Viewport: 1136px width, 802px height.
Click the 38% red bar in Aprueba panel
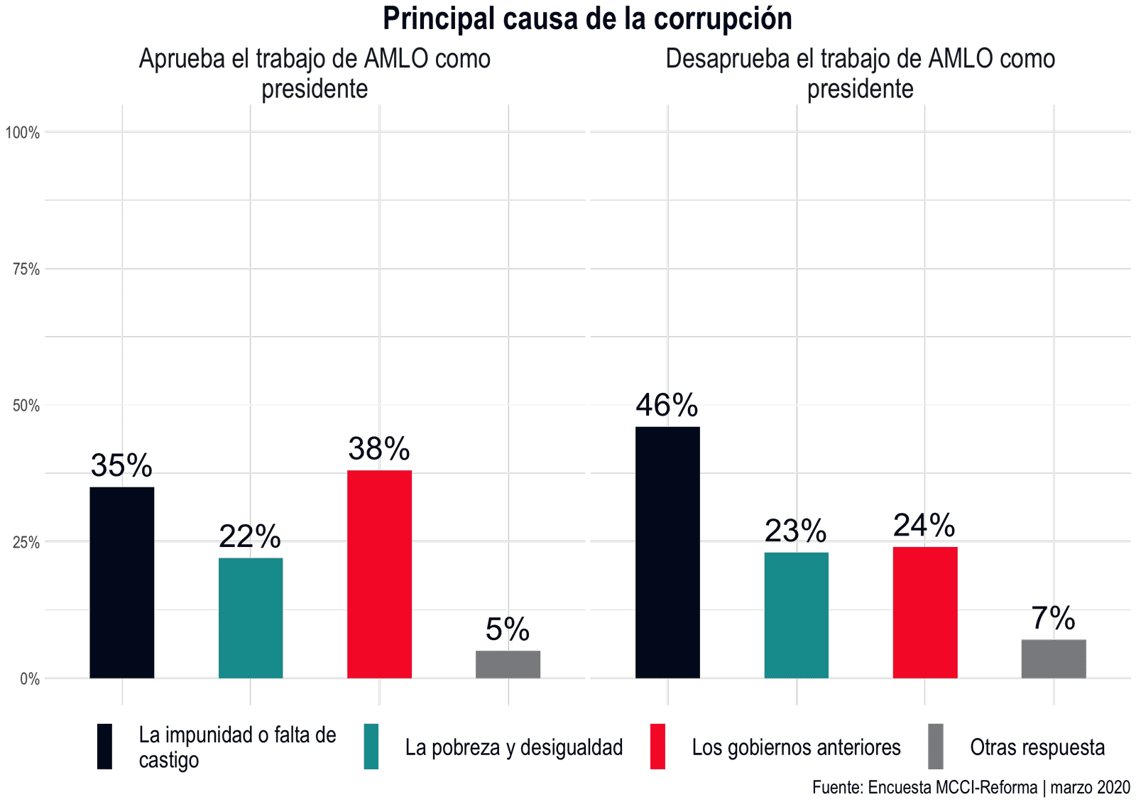(x=379, y=574)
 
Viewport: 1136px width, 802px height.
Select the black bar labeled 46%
(x=667, y=553)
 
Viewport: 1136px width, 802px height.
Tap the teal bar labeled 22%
(x=251, y=618)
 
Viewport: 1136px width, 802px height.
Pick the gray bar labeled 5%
(x=508, y=664)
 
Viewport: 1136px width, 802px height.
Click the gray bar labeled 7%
(x=1054, y=659)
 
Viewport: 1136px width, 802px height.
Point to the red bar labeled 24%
(x=925, y=612)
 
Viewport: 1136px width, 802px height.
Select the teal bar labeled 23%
(x=797, y=615)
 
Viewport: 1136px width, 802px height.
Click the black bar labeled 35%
(x=122, y=582)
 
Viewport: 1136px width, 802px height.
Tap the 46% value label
(x=667, y=406)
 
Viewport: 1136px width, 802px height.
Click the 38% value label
(x=379, y=449)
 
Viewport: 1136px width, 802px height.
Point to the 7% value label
(x=1054, y=619)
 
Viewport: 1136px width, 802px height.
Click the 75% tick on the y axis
(x=26, y=269)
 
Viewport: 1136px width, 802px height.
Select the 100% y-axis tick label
(x=23, y=133)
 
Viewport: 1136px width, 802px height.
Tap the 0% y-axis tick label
(x=30, y=679)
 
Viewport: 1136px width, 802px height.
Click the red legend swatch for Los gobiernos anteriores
(x=657, y=747)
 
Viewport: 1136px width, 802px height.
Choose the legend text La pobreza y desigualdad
(x=514, y=747)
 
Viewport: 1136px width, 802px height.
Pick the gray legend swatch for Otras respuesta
(x=936, y=747)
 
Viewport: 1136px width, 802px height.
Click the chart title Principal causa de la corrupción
(x=587, y=18)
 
